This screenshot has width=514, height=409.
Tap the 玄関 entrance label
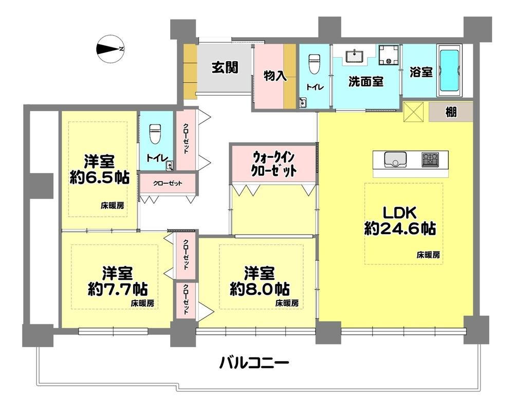[x=225, y=67]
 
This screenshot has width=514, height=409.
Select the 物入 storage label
[x=274, y=76]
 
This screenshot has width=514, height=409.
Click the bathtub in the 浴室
[x=451, y=71]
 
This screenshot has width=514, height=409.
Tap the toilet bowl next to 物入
[x=315, y=63]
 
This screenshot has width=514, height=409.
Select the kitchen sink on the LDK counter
[x=395, y=159]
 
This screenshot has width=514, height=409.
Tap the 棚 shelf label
[x=451, y=112]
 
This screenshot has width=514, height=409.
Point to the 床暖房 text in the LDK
[x=428, y=255]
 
